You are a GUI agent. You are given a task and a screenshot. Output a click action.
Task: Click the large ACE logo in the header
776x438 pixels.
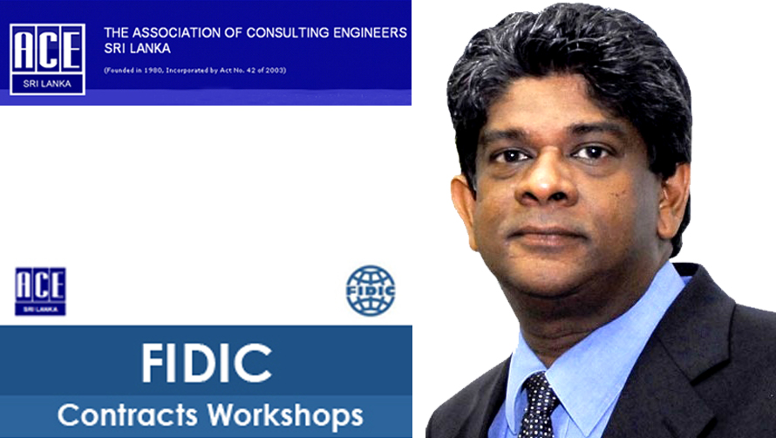[x=47, y=59]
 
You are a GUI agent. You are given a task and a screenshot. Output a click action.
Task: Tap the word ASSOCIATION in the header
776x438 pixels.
[x=187, y=33]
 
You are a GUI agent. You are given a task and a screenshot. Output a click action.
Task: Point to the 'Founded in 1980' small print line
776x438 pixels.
[x=195, y=71]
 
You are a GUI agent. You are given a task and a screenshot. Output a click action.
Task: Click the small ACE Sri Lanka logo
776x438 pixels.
[x=41, y=291]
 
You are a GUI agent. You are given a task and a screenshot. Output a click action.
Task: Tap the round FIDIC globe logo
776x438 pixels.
[x=371, y=291]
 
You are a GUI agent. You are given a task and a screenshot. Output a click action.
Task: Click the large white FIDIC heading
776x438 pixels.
[x=207, y=363]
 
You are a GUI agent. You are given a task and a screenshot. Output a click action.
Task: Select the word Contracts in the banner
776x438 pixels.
[x=127, y=414]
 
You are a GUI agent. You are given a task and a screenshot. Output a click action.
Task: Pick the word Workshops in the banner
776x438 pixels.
[x=285, y=416]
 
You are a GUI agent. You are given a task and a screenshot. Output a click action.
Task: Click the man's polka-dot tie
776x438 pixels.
[x=537, y=406]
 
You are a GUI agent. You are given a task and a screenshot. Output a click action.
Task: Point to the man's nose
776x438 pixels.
[x=546, y=181]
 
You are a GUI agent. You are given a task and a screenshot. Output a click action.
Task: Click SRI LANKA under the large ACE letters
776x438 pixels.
[x=47, y=84]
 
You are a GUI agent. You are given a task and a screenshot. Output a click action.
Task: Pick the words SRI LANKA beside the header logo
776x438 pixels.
[x=137, y=49]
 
